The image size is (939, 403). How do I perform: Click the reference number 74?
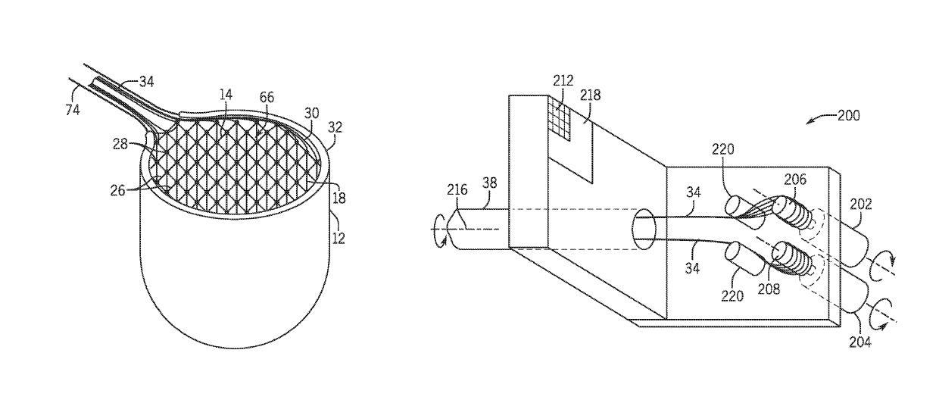click(74, 110)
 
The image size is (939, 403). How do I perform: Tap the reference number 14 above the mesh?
click(226, 95)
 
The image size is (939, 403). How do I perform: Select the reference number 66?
click(267, 98)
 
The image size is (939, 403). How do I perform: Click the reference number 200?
click(848, 116)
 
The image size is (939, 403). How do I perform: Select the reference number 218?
click(590, 95)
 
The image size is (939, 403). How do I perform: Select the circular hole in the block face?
click(645, 229)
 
